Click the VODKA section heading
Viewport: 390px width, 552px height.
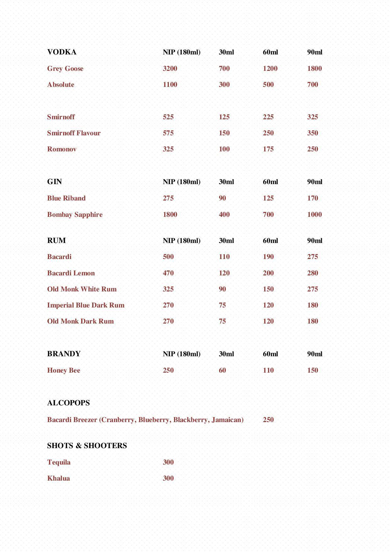click(x=62, y=52)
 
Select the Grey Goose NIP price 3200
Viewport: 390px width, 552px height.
click(x=170, y=69)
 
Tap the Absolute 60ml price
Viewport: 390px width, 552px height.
click(x=268, y=85)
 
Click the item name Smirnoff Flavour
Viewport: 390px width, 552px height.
click(x=74, y=133)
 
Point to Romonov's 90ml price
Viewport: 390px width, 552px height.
click(x=313, y=149)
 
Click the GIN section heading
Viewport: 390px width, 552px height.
click(x=54, y=182)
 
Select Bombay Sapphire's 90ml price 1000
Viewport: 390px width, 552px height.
click(x=315, y=215)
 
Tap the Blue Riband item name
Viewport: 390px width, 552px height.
click(x=66, y=198)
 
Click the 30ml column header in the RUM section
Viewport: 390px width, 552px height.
click(x=226, y=241)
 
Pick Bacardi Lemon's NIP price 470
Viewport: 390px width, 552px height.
click(x=168, y=273)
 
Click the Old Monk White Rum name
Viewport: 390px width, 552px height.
click(x=82, y=289)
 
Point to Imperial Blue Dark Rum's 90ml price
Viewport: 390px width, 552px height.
click(x=313, y=305)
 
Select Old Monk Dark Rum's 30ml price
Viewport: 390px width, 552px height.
click(x=222, y=321)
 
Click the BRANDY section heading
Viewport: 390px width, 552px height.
click(x=64, y=354)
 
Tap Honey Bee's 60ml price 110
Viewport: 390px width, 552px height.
click(x=268, y=370)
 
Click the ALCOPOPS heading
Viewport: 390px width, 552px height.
click(x=68, y=403)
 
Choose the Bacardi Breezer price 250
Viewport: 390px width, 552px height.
click(x=268, y=420)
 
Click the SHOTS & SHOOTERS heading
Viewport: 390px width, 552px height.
click(x=87, y=446)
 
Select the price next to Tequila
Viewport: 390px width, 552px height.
click(x=168, y=462)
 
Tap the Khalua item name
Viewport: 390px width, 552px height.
click(x=58, y=478)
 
